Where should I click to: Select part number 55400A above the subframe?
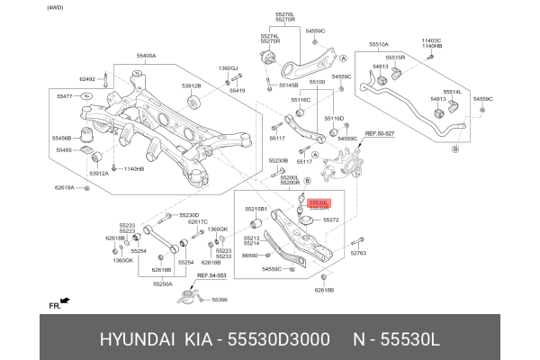[x=146, y=56]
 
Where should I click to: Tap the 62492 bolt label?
[x=86, y=79]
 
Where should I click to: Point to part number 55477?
[x=65, y=94]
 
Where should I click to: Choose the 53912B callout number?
[x=191, y=85]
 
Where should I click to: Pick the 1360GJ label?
[x=228, y=68]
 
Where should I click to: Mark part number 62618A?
[x=65, y=187]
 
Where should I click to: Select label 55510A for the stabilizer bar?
[x=378, y=44]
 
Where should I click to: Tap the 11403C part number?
[x=432, y=40]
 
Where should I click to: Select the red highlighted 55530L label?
[x=319, y=203]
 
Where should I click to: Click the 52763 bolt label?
[x=357, y=254]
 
